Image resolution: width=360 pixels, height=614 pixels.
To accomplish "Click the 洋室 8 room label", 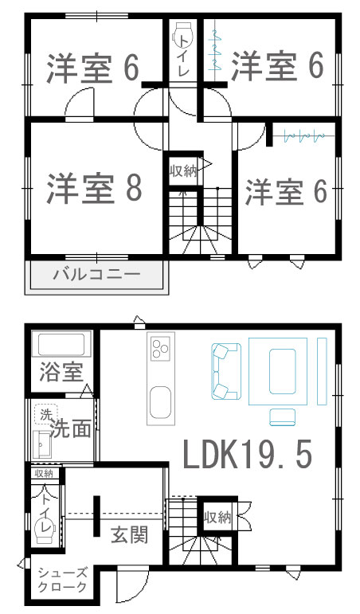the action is tap(95, 188).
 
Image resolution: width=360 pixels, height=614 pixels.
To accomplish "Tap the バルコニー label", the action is tap(96, 274).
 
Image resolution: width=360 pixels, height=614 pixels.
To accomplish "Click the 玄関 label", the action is tap(129, 534).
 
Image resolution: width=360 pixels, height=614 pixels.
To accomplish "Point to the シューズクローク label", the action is tap(62, 581).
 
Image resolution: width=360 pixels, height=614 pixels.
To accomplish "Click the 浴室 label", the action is tap(61, 372).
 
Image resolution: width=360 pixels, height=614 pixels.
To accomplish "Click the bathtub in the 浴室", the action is tap(61, 344).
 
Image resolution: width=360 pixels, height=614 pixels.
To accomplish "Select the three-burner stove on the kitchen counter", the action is tap(160, 347).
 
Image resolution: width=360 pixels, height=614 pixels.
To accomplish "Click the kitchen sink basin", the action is tap(161, 402).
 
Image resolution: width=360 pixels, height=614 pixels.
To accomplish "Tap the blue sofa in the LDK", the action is tap(225, 371).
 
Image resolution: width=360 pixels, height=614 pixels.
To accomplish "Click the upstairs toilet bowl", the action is tap(183, 34).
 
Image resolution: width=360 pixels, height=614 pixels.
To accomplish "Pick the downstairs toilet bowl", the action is tap(46, 530).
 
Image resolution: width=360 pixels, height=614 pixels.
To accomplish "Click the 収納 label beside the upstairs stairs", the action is tap(183, 170).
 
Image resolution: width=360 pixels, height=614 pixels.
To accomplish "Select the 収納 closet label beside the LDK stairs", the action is tap(217, 518).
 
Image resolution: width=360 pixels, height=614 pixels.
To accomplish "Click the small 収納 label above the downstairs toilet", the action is tap(44, 473).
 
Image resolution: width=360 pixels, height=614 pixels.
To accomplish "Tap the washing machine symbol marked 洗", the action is tap(46, 413).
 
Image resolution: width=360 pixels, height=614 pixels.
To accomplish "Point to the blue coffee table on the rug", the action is tap(283, 371).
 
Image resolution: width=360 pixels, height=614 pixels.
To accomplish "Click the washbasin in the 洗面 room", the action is tap(41, 444).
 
